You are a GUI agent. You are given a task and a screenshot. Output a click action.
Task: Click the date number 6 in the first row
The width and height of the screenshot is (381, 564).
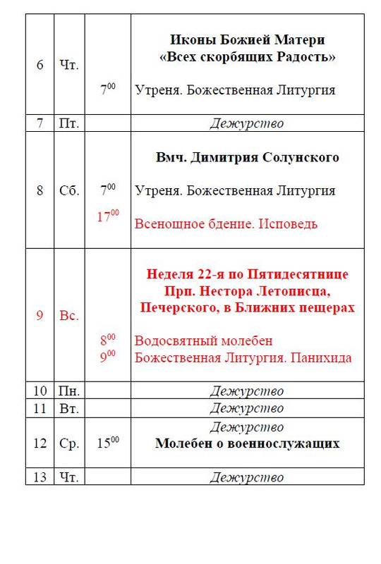point(40,66)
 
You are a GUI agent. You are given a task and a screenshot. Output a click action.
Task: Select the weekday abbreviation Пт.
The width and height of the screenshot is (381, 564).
point(69,123)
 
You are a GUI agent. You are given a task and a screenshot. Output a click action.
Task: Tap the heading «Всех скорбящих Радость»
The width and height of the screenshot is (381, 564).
point(247,57)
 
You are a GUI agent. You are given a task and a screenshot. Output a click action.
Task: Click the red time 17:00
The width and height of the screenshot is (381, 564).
point(108,216)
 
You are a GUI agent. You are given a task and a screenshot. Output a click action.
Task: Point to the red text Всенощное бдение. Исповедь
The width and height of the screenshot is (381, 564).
point(226,224)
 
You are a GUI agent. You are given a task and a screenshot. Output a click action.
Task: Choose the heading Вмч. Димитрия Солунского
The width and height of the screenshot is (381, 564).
point(247,157)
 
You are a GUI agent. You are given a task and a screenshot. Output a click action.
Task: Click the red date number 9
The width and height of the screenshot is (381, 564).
point(40,315)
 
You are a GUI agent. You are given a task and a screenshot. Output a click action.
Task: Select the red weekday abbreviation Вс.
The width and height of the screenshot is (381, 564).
point(69,315)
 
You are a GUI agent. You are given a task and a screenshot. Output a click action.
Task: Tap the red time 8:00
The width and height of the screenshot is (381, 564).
point(107,341)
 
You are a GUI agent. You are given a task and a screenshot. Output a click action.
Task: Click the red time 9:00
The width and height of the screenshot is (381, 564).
point(107,357)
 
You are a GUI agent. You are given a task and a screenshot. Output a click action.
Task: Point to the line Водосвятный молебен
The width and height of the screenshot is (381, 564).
point(203,341)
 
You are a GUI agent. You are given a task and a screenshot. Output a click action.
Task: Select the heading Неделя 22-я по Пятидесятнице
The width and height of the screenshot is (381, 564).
point(247,274)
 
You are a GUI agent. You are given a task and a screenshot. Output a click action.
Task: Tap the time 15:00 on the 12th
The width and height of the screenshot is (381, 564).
point(107,443)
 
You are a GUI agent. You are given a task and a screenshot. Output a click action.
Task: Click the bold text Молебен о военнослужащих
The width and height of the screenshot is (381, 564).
point(247,444)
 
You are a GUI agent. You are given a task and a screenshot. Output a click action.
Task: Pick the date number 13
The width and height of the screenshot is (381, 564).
point(40,477)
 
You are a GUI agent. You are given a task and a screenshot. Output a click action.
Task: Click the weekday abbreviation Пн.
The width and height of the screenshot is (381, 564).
point(69,391)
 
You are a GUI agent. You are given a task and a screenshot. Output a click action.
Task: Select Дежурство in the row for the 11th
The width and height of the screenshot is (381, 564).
point(247,408)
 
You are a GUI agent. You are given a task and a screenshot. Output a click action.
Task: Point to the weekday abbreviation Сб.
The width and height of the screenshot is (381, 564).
point(69,191)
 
